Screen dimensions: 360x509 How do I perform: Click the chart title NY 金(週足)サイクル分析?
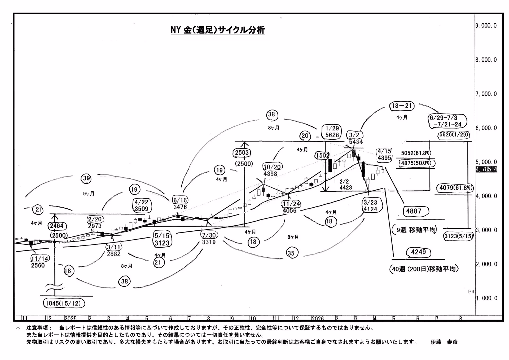click(218, 30)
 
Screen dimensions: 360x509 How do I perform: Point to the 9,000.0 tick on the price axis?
click(486, 26)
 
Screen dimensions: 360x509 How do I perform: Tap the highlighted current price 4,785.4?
click(486, 169)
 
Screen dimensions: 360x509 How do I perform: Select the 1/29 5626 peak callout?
click(332, 132)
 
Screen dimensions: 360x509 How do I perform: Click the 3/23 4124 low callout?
click(370, 206)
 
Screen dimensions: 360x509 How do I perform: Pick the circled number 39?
click(86, 178)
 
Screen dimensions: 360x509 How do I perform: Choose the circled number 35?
click(291, 253)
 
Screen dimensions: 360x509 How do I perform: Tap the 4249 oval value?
click(418, 252)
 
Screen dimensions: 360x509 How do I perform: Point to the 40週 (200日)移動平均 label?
click(424, 269)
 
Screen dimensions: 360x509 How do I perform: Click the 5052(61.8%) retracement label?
click(416, 153)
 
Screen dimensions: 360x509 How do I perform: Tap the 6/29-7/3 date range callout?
click(447, 121)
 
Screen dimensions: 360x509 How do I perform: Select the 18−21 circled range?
click(402, 106)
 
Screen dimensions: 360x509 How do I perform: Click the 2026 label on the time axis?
click(318, 318)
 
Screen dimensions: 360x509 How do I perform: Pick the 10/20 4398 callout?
click(271, 170)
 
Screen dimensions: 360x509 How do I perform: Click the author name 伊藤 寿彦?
click(444, 342)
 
